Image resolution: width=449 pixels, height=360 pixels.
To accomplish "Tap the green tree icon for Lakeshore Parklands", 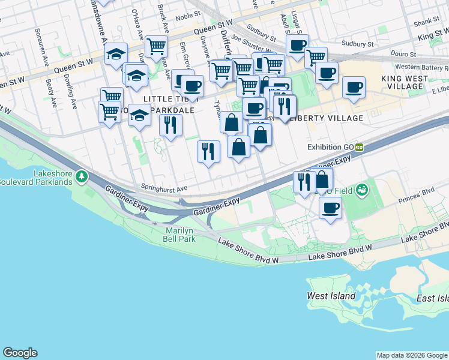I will click(81, 177).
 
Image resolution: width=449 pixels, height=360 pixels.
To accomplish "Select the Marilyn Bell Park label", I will click(181, 235).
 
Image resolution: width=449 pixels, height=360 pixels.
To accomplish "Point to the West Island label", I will click(331, 296).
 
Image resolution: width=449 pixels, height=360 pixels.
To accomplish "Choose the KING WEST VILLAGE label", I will click(405, 82).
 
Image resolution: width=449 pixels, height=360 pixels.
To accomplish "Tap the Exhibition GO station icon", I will click(360, 147).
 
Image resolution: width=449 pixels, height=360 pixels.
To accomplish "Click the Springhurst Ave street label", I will click(164, 188).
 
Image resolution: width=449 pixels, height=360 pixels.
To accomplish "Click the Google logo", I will click(20, 353).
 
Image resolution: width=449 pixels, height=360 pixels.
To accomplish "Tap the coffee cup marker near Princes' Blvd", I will click(330, 208).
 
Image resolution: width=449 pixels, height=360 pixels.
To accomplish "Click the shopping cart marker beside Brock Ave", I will click(156, 45).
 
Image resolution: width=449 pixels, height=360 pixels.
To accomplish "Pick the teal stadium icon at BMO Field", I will click(362, 191).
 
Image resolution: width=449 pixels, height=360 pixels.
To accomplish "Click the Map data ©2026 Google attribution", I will click(411, 355).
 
